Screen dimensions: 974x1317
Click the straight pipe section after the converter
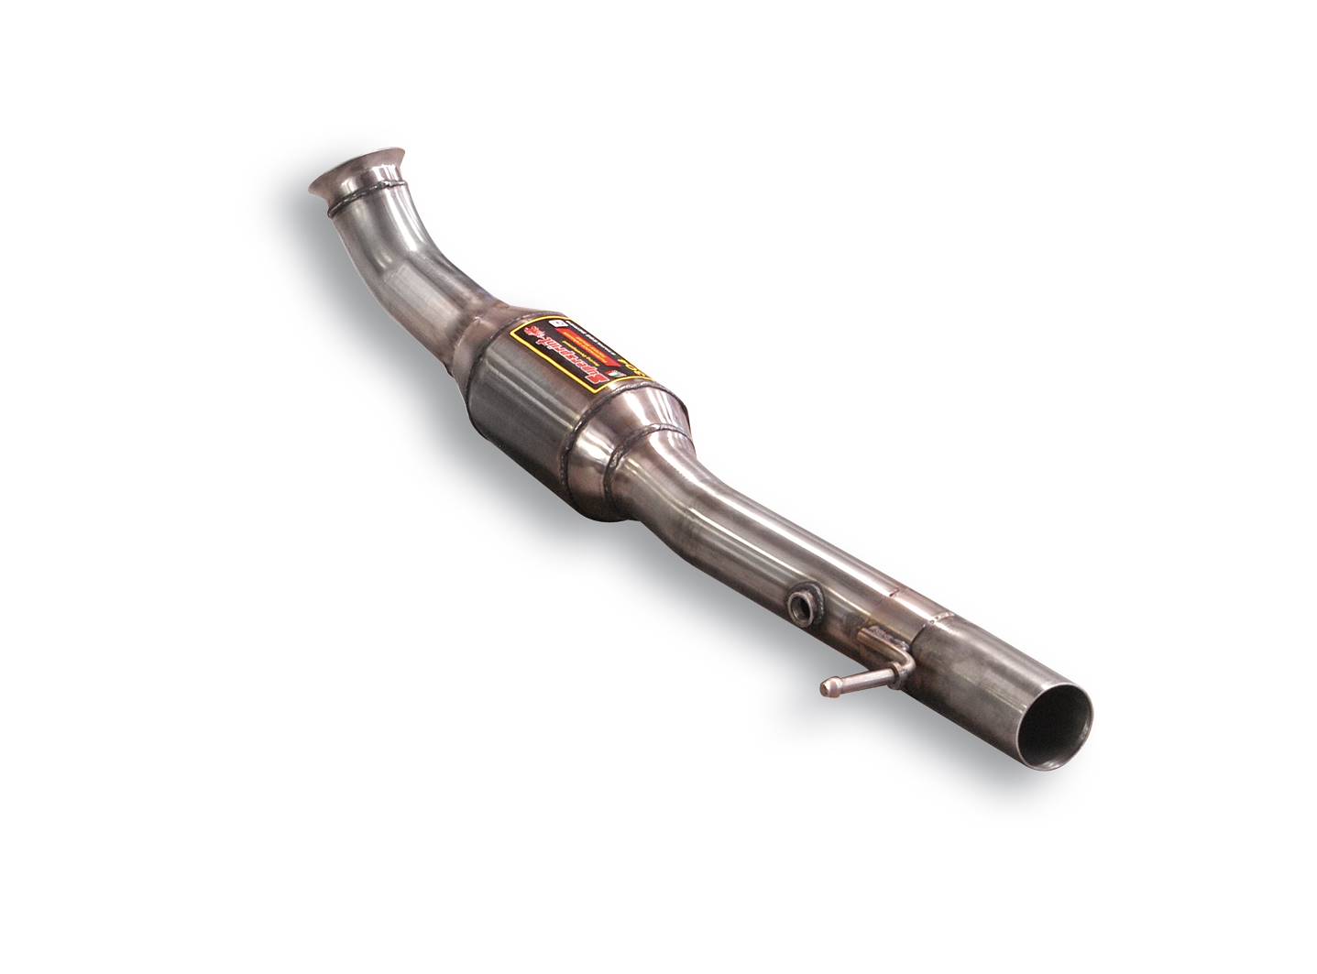752,541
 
